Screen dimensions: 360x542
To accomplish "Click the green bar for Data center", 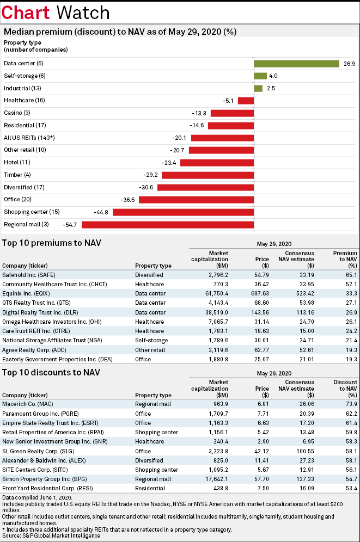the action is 297,64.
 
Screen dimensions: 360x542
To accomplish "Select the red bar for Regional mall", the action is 168,225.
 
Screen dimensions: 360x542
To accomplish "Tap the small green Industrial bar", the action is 258,89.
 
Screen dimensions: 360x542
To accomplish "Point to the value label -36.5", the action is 127,200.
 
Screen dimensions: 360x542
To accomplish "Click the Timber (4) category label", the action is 17,175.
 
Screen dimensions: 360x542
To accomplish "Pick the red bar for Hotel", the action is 217,163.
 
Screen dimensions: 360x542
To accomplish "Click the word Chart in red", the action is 26,13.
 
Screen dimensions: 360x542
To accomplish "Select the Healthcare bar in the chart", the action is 246,101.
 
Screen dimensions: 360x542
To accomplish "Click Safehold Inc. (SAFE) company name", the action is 29,275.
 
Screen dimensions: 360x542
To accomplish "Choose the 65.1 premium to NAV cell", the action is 351,275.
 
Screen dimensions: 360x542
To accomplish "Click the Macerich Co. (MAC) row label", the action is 28,404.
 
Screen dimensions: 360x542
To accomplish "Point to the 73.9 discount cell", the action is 351,404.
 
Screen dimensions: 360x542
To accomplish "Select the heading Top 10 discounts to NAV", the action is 51,373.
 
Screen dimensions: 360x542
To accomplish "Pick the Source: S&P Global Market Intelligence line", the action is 51,536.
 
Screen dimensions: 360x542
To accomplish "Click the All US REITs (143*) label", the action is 29,138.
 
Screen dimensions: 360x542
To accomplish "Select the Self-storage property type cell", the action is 151,341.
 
